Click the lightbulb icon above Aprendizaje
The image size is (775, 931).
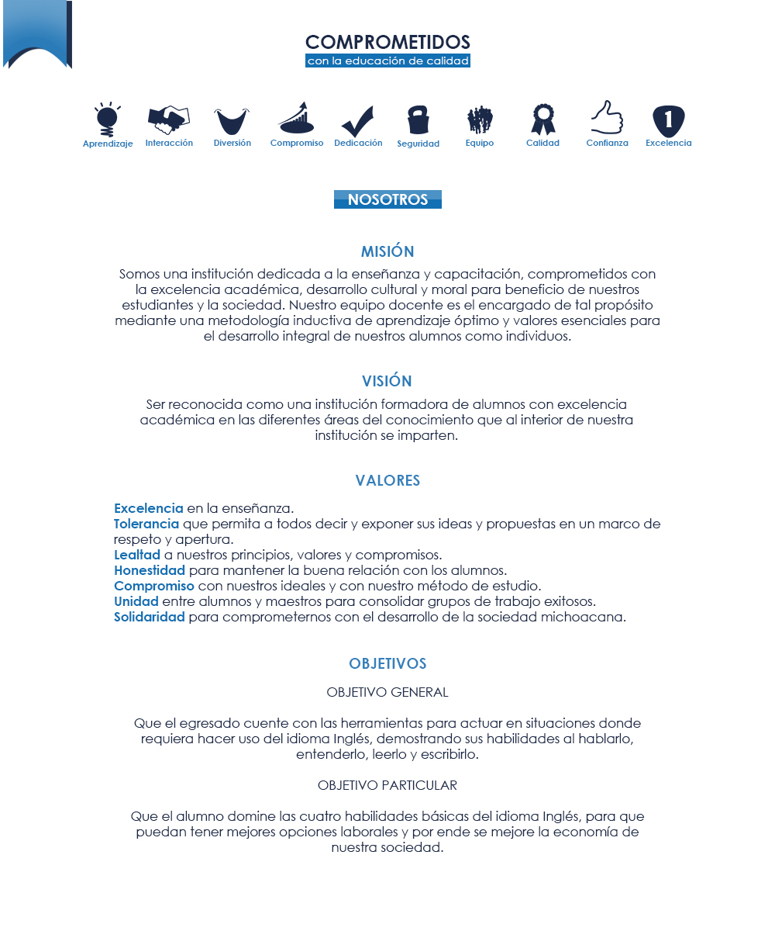pyautogui.click(x=108, y=120)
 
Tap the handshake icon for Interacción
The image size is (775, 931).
pyautogui.click(x=168, y=119)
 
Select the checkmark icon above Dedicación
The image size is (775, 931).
pyautogui.click(x=357, y=121)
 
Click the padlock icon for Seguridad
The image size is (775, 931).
pyautogui.click(x=418, y=120)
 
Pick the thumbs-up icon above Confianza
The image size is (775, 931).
pyautogui.click(x=607, y=118)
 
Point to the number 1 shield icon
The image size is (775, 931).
pyautogui.click(x=668, y=121)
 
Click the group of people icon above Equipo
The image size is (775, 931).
pyautogui.click(x=480, y=120)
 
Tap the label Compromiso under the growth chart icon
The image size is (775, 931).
pyautogui.click(x=297, y=143)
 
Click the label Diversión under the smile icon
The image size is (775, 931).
pyautogui.click(x=232, y=143)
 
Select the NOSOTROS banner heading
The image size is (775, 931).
pyautogui.click(x=387, y=199)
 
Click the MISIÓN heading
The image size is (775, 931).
pyautogui.click(x=387, y=251)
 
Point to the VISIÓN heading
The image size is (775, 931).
pyautogui.click(x=387, y=381)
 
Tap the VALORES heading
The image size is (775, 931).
pyautogui.click(x=387, y=480)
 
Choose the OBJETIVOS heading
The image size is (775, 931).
pyautogui.click(x=387, y=663)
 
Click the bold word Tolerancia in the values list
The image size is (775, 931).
pyautogui.click(x=146, y=524)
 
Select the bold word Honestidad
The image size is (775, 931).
pyautogui.click(x=150, y=570)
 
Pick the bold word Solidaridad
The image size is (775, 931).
pyautogui.click(x=150, y=617)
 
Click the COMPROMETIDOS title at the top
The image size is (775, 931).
pyautogui.click(x=387, y=42)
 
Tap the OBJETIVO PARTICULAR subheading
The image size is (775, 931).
pyautogui.click(x=387, y=785)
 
